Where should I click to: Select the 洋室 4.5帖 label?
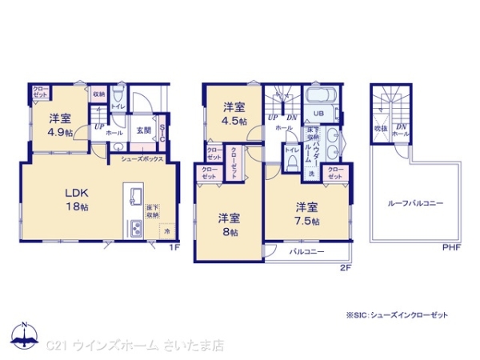tap(234, 113)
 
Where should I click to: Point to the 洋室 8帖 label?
tap(229, 223)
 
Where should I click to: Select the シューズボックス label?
tap(142, 159)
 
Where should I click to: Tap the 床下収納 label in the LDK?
tap(152, 212)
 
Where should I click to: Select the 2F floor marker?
tap(346, 266)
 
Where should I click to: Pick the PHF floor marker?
tap(452, 247)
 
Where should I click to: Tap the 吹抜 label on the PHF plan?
tap(381, 128)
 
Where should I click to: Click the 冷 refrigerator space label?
tap(167, 231)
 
